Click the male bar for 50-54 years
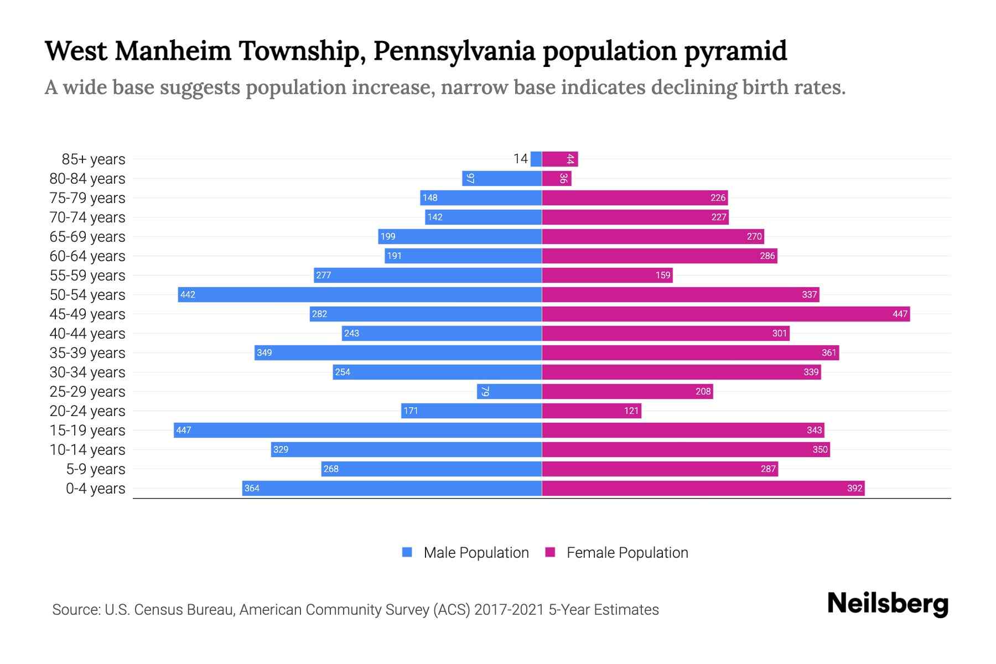coord(360,294)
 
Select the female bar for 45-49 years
coord(725,314)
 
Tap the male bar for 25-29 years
coord(509,391)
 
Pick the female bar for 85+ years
coord(559,159)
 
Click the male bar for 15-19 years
coord(357,430)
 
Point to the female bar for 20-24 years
coord(592,411)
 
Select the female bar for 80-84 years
coord(556,178)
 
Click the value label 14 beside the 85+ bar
coord(520,159)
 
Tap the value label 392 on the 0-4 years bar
coord(854,488)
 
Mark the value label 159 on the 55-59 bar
coord(662,275)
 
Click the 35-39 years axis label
coord(87,352)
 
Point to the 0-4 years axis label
coord(95,488)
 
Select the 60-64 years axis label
coord(87,256)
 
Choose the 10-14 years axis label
coord(87,449)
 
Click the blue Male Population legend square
coord(407,552)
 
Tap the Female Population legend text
coord(627,552)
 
